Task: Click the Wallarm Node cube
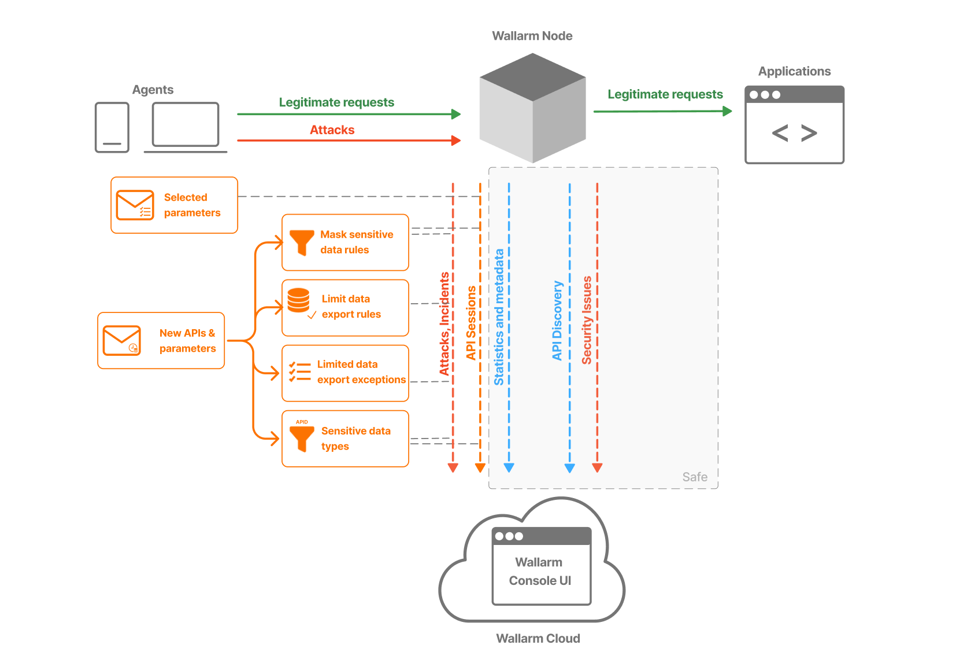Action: click(532, 108)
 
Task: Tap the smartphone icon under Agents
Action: click(112, 127)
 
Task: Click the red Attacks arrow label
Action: click(332, 130)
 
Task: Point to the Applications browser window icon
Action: click(794, 125)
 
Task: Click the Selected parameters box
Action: click(174, 205)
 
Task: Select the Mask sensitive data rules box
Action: click(345, 242)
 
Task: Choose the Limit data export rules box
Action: click(345, 307)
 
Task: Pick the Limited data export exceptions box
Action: click(345, 373)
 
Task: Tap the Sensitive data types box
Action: click(345, 439)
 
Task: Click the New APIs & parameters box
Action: click(161, 341)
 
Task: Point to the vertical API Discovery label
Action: click(557, 321)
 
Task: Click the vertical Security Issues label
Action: click(587, 320)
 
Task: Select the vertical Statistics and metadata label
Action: click(499, 317)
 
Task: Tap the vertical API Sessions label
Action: click(471, 322)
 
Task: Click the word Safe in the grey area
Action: click(694, 477)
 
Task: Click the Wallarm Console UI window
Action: click(541, 566)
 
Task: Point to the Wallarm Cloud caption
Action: click(538, 638)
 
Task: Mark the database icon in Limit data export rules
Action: click(298, 300)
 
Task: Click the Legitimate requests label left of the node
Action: click(336, 102)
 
